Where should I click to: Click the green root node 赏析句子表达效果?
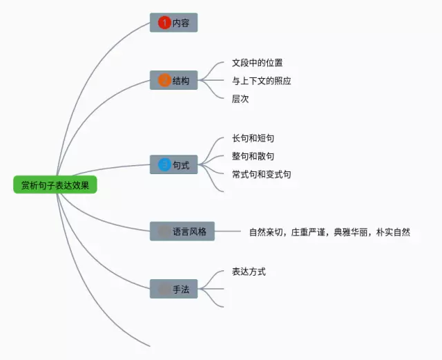pyautogui.click(x=55, y=185)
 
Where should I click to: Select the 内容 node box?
pyautogui.click(x=174, y=23)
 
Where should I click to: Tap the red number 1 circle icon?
pyautogui.click(x=164, y=23)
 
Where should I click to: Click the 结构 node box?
pyautogui.click(x=174, y=80)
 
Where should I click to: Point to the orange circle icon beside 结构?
pyautogui.click(x=164, y=80)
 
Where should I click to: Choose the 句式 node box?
pyautogui.click(x=174, y=164)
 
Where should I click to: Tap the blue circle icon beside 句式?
pyautogui.click(x=164, y=164)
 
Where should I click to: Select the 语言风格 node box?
pyautogui.click(x=183, y=231)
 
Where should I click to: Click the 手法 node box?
pyautogui.click(x=174, y=289)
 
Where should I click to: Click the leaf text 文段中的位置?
pyautogui.click(x=257, y=63)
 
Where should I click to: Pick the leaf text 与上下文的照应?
pyautogui.click(x=261, y=81)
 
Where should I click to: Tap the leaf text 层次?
pyautogui.click(x=240, y=99)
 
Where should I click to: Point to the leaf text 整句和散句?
pyautogui.click(x=253, y=156)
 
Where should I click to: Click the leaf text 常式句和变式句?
pyautogui.click(x=261, y=174)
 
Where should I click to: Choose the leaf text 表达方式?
pyautogui.click(x=249, y=272)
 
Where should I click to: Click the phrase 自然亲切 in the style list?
pyautogui.click(x=266, y=232)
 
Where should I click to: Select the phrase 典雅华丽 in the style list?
pyautogui.click(x=350, y=232)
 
